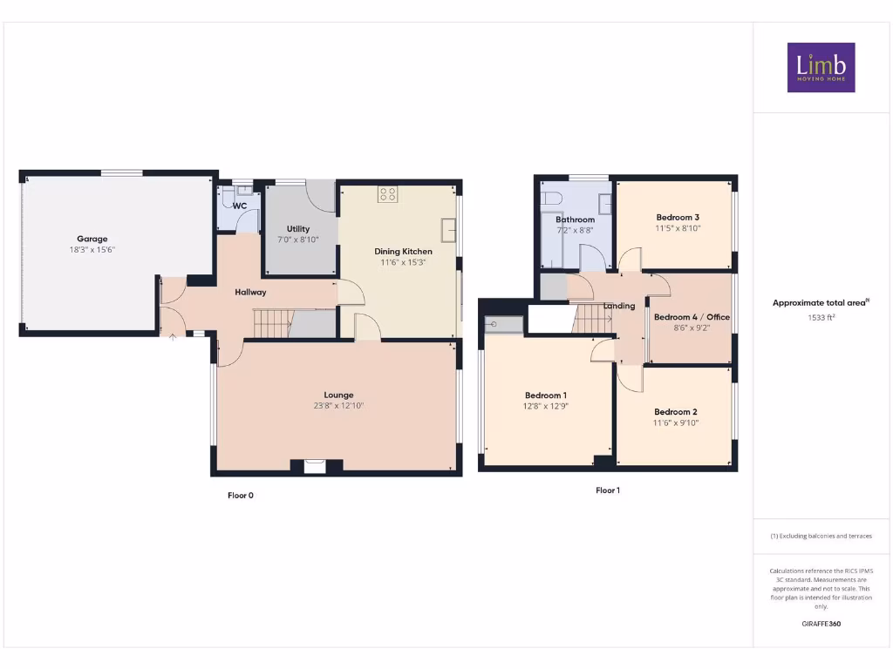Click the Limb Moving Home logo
(x=821, y=67)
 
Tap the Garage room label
(x=92, y=239)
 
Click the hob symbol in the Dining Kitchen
(x=387, y=194)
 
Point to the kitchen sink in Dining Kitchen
(x=448, y=230)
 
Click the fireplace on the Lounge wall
(x=314, y=466)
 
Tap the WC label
(x=240, y=206)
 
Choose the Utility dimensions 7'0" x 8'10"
(x=298, y=240)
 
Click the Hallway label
(x=250, y=292)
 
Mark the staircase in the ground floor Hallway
(x=272, y=323)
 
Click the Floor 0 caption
(x=241, y=495)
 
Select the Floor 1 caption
(x=608, y=490)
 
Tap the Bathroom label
(x=575, y=220)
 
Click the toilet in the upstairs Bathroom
(x=550, y=199)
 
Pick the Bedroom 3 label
(x=678, y=217)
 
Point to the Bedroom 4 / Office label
(x=692, y=317)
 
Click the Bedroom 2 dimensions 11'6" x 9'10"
(x=677, y=422)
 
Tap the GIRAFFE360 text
(x=821, y=624)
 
